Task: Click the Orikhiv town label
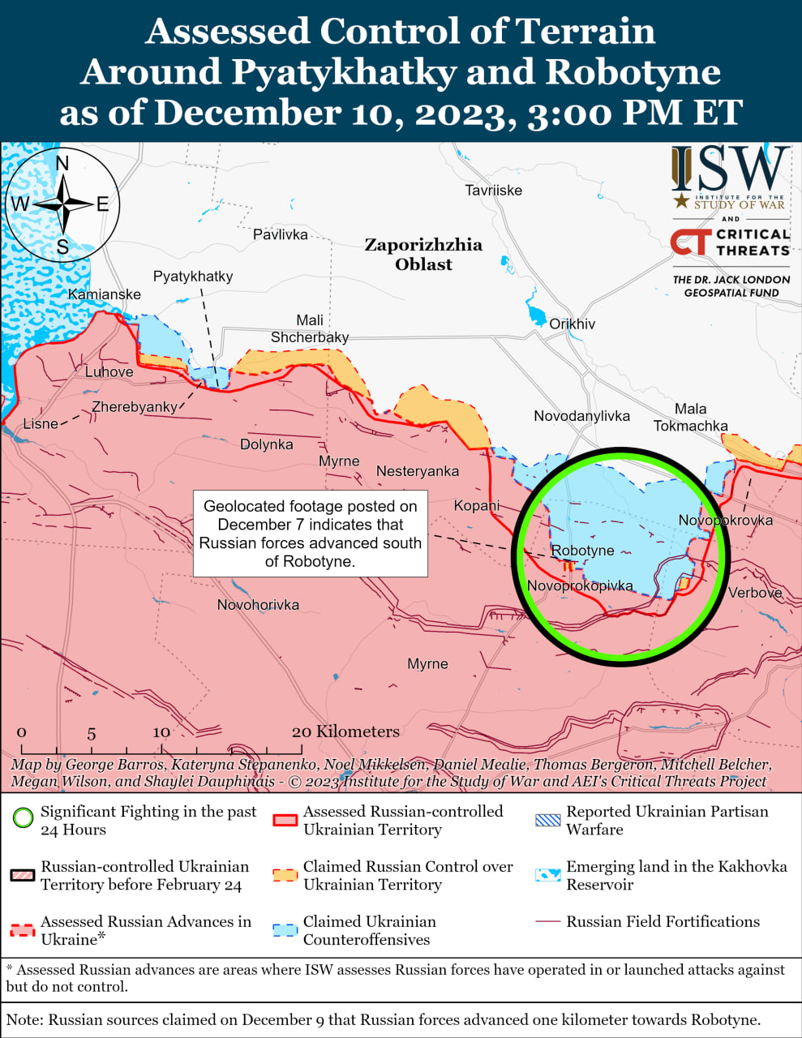click(572, 324)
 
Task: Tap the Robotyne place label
click(582, 551)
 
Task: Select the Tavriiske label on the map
click(493, 191)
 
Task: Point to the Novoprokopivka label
click(579, 585)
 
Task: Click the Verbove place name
click(754, 593)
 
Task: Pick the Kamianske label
click(105, 294)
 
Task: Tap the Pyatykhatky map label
click(193, 277)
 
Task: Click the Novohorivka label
click(258, 605)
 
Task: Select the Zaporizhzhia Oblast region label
click(423, 255)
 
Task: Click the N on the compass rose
click(62, 163)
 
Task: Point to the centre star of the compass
click(62, 204)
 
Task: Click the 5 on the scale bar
click(92, 733)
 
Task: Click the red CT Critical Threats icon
click(689, 242)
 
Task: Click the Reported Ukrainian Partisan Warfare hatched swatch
click(548, 820)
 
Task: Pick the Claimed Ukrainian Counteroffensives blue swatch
click(285, 930)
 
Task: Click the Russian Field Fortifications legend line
click(548, 922)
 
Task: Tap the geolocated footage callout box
click(310, 534)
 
